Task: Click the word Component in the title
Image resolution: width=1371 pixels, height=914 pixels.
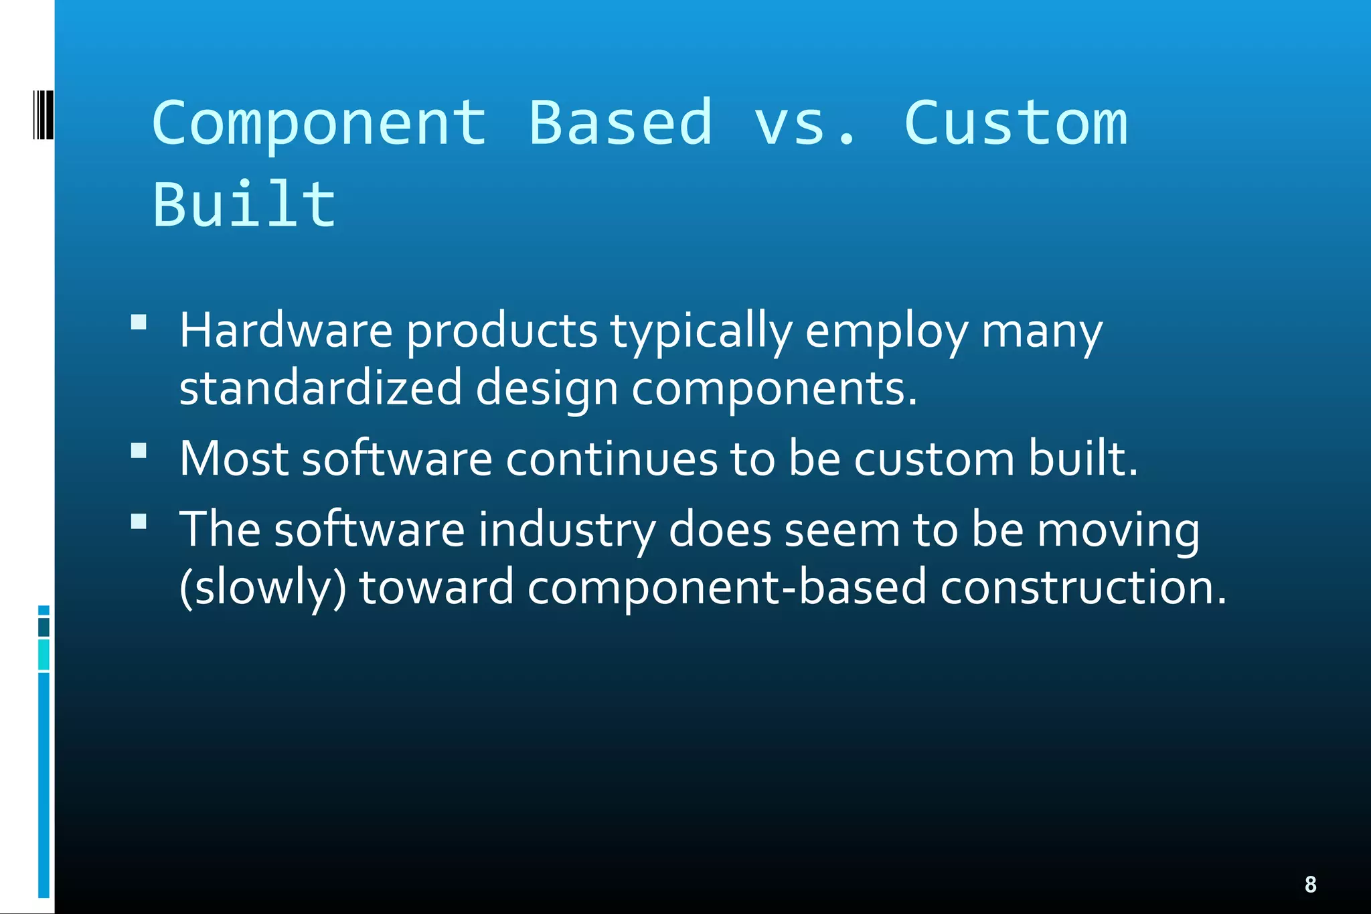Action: (319, 123)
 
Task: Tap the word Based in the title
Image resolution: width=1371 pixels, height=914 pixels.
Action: (621, 123)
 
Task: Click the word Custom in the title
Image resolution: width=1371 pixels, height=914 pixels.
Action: (1016, 123)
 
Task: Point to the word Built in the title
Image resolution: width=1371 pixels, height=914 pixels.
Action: (244, 204)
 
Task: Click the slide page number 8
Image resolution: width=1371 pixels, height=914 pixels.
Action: (1310, 884)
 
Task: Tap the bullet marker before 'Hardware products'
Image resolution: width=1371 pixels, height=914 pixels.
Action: (139, 323)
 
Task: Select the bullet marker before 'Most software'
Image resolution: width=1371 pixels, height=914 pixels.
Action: (139, 451)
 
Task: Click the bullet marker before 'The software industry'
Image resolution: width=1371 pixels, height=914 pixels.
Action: (139, 522)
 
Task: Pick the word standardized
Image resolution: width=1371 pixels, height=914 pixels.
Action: (321, 388)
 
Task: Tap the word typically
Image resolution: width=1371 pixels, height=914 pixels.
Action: (701, 331)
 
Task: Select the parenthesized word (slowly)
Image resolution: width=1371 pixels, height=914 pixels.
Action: (262, 587)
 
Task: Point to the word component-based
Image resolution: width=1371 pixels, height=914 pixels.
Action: (726, 587)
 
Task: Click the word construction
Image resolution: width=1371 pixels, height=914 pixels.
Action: (1082, 587)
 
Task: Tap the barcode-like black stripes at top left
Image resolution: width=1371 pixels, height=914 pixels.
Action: (43, 115)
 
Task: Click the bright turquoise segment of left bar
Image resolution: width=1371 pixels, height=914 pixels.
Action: (44, 654)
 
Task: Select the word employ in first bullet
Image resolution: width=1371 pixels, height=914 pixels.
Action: (886, 331)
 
